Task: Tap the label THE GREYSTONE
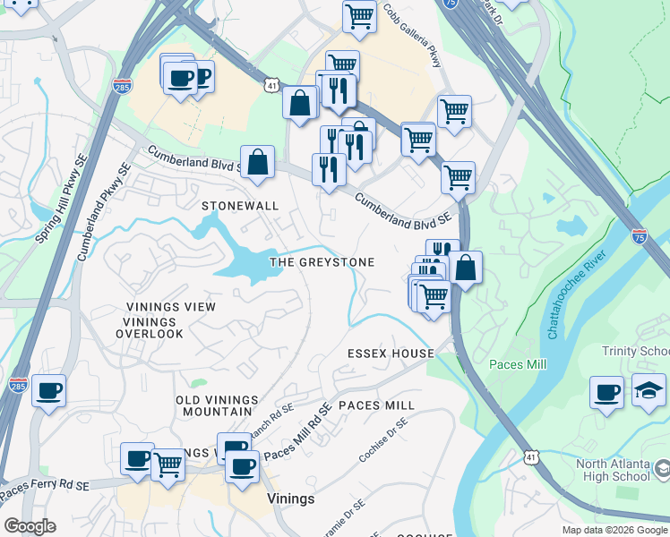click(x=322, y=262)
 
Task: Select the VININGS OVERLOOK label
click(x=150, y=334)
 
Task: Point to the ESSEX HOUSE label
click(x=391, y=354)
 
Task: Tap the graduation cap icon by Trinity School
click(x=649, y=391)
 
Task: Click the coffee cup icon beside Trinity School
click(x=606, y=392)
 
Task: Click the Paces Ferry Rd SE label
click(x=45, y=488)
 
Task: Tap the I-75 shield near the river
click(x=639, y=236)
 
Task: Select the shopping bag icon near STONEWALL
click(x=257, y=163)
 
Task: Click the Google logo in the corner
click(x=30, y=526)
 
